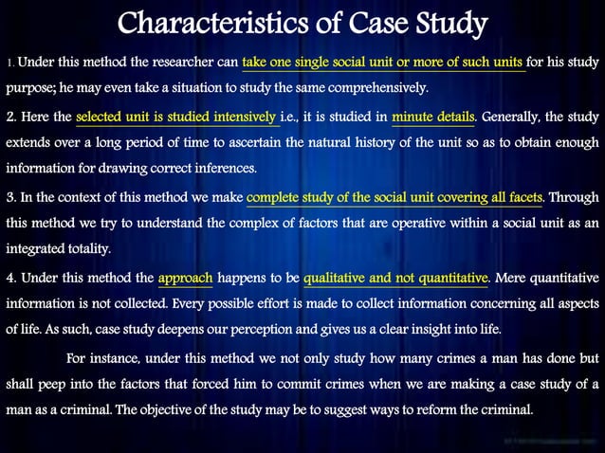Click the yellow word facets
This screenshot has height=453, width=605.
point(522,197)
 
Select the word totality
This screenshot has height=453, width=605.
point(82,248)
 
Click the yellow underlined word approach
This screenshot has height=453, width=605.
point(186,278)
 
